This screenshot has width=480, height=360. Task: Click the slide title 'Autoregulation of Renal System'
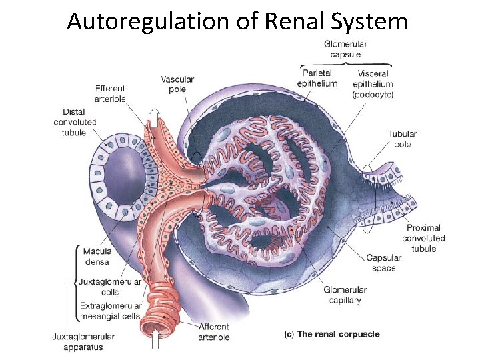coord(237,21)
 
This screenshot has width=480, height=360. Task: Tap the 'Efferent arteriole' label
coord(110,93)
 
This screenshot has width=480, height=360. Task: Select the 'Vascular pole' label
coord(177,85)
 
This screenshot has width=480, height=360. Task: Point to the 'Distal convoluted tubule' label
coord(75,122)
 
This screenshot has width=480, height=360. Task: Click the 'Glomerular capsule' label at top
coord(345,49)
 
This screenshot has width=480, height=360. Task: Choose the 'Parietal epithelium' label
coord(317,78)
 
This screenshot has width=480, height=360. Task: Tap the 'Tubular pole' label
coord(403,139)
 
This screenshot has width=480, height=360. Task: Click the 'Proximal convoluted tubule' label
coord(423,238)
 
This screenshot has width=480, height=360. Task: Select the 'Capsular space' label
coord(385,263)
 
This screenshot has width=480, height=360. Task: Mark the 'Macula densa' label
coord(97,257)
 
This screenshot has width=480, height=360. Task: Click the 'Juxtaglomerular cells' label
coord(110,287)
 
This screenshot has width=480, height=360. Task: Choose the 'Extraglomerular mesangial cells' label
coord(110,311)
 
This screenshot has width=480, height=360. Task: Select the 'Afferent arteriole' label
coord(213,331)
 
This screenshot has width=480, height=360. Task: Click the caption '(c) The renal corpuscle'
coord(332,334)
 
